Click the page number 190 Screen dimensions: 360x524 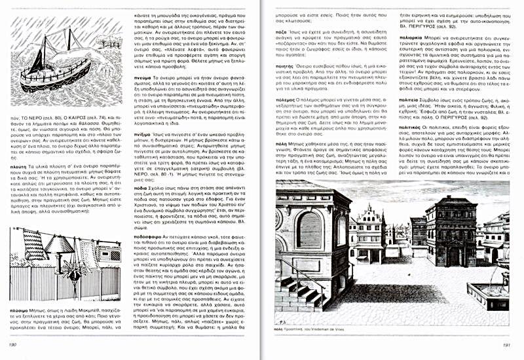(x=11, y=344)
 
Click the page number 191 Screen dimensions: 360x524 (x=505, y=345)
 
